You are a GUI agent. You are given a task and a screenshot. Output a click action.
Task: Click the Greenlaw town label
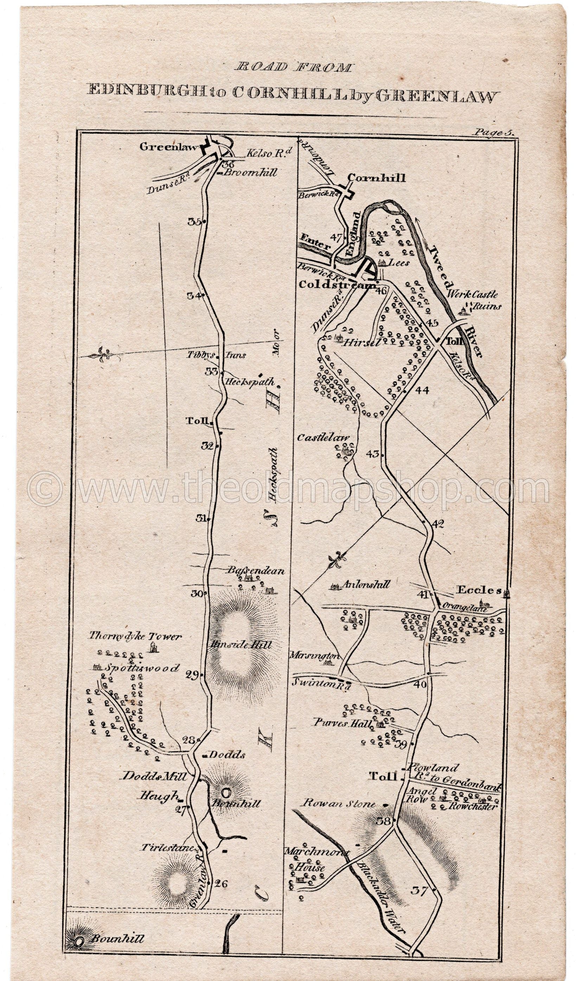coord(169,147)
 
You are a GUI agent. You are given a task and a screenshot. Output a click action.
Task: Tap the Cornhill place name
coord(376,178)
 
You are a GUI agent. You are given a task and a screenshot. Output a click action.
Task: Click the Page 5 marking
coord(493,133)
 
